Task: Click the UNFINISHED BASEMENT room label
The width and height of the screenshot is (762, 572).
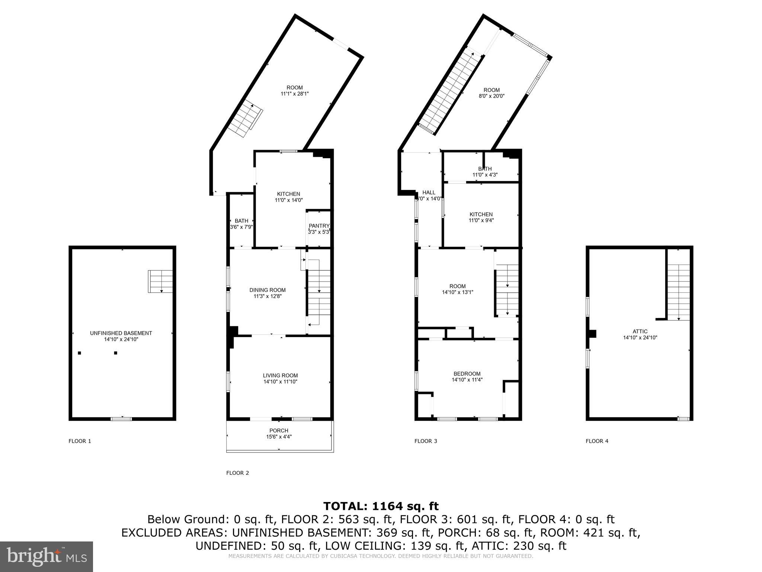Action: [x=121, y=333]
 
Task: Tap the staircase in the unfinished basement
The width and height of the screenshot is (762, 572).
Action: [x=161, y=281]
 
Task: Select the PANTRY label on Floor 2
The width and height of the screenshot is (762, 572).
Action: [x=319, y=226]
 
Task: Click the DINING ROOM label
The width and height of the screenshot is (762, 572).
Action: [x=267, y=290]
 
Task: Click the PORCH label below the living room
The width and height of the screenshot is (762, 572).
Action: [x=279, y=430]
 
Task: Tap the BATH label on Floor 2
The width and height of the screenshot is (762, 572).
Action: [x=241, y=221]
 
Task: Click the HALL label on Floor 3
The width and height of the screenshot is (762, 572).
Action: [x=429, y=193]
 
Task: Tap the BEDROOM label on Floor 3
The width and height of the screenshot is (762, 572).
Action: [x=467, y=374]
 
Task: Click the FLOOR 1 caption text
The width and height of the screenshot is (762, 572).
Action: [x=80, y=441]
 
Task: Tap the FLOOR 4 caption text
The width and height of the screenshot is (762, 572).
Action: [x=597, y=441]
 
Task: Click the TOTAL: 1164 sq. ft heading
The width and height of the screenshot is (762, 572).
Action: [x=381, y=506]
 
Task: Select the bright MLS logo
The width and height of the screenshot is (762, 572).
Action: [x=47, y=557]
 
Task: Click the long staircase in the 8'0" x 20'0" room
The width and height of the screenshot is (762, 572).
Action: [x=450, y=93]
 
